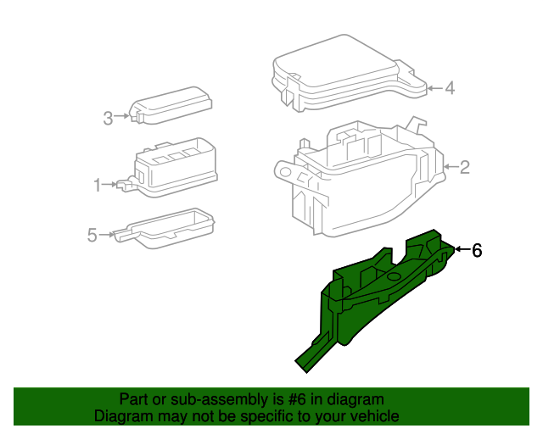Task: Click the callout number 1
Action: [x=97, y=184]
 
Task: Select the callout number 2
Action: [x=464, y=167]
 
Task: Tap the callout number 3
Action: [x=108, y=119]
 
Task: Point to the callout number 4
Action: [x=450, y=87]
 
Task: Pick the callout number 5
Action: [x=92, y=236]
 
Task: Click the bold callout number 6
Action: [x=477, y=250]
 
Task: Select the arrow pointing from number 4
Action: [x=434, y=87]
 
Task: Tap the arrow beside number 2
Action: [x=450, y=167]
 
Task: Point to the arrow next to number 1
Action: [x=110, y=184]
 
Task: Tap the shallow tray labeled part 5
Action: [x=170, y=227]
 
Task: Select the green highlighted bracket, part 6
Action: [x=373, y=297]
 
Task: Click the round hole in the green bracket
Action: [x=395, y=276]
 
